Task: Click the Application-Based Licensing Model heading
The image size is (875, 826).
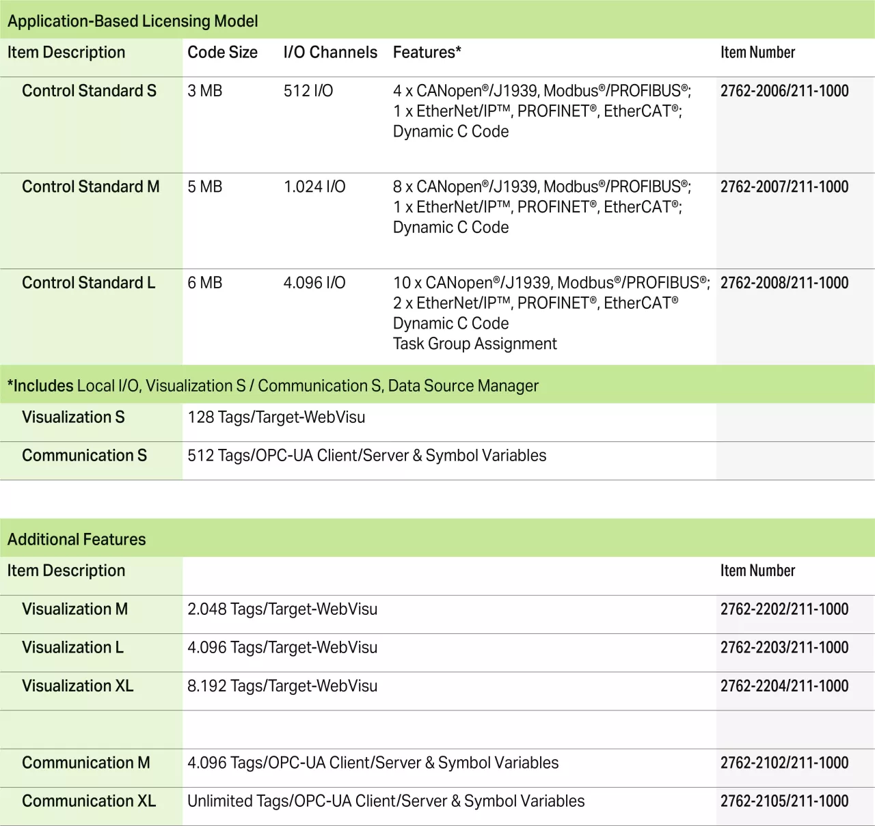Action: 133,21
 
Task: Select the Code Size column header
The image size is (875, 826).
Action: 222,53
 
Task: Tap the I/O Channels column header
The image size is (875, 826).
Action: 330,53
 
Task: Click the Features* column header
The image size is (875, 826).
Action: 427,53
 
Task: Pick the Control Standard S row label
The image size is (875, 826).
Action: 89,91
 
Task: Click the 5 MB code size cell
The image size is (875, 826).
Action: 204,187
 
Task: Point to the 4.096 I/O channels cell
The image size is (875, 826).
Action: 314,283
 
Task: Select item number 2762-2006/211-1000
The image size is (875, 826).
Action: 784,91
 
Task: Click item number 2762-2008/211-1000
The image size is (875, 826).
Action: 784,283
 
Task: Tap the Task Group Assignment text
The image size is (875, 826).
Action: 474,344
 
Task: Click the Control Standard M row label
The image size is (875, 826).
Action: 90,187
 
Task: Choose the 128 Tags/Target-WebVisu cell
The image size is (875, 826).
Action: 276,417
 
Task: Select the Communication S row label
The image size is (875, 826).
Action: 84,456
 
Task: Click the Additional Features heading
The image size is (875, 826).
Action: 77,540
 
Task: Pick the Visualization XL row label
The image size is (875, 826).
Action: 77,686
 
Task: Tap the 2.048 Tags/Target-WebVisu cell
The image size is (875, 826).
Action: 282,609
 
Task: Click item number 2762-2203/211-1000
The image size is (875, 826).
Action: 784,648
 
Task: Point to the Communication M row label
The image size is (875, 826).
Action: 85,762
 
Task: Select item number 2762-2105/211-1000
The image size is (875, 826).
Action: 784,801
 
